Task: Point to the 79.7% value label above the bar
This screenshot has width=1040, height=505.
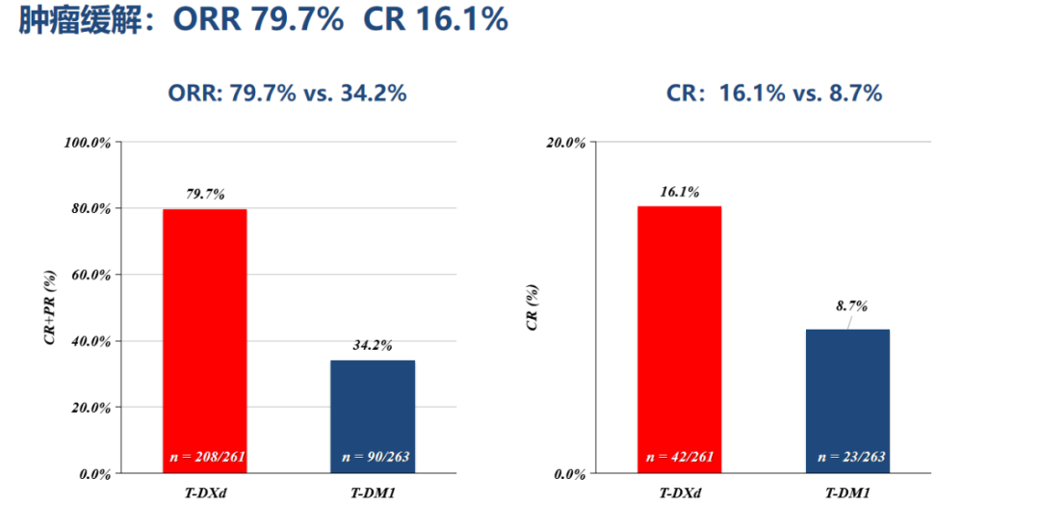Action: click(205, 194)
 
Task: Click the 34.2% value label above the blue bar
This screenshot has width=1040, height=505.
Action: click(372, 345)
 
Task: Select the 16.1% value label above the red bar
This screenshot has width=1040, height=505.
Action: click(679, 191)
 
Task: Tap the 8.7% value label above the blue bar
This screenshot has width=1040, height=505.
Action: click(851, 306)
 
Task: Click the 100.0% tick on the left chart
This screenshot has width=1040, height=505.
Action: click(88, 143)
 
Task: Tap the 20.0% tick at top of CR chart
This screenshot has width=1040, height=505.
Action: click(565, 143)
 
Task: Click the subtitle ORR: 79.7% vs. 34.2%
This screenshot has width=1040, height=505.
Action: click(287, 93)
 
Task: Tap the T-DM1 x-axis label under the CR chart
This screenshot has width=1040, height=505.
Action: click(846, 493)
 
